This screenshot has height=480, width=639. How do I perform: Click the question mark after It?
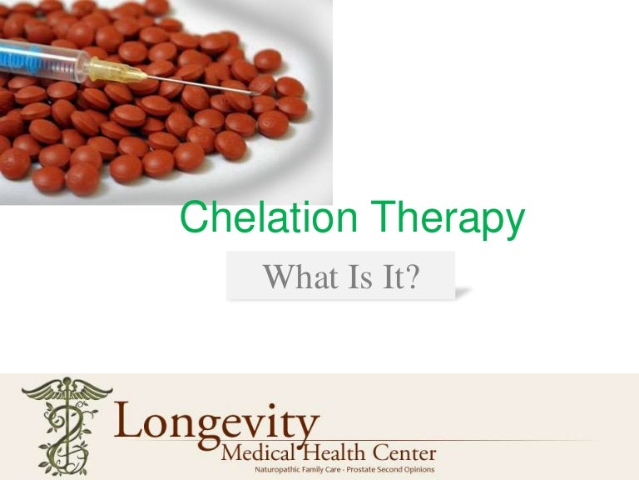[409, 276]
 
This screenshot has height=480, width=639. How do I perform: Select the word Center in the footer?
[400, 454]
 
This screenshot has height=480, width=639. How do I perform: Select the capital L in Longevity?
[133, 419]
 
